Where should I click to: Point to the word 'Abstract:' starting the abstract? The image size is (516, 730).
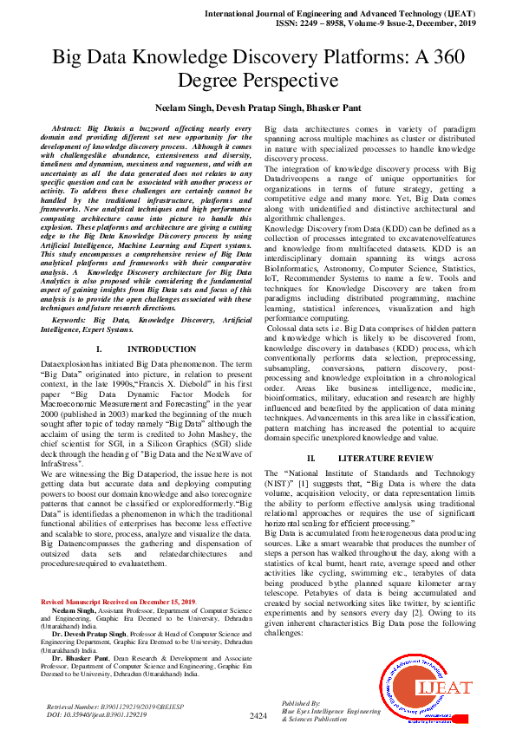click(83, 127)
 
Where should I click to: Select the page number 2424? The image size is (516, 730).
click(258, 715)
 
